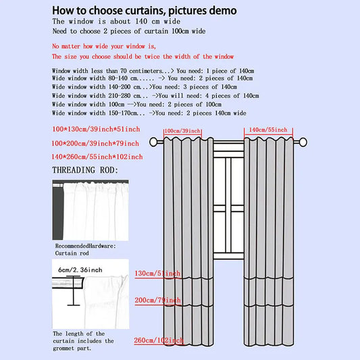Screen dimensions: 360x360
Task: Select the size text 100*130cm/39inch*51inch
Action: tap(95, 128)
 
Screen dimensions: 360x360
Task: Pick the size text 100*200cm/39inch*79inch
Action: tap(95, 143)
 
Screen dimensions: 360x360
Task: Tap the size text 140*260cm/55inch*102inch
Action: tap(97, 157)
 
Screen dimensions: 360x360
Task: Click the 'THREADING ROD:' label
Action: tap(85, 170)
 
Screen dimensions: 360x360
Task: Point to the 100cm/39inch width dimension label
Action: tap(182, 130)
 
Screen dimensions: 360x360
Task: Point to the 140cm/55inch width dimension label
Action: tap(268, 130)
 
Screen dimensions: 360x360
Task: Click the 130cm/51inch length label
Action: tap(157, 274)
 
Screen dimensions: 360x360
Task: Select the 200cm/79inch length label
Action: tap(157, 300)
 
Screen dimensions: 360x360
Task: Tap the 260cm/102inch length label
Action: tap(159, 340)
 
